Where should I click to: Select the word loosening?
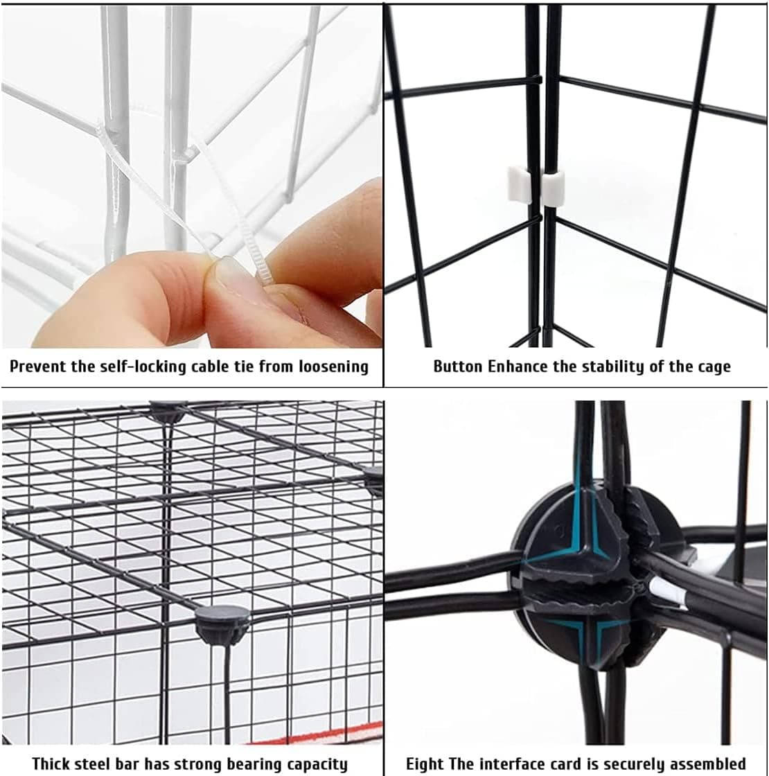[334, 367]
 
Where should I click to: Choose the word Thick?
[52, 764]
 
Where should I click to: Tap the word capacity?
[315, 764]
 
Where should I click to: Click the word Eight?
[425, 764]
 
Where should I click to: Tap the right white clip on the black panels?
[553, 189]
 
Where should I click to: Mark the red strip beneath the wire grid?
[326, 731]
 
